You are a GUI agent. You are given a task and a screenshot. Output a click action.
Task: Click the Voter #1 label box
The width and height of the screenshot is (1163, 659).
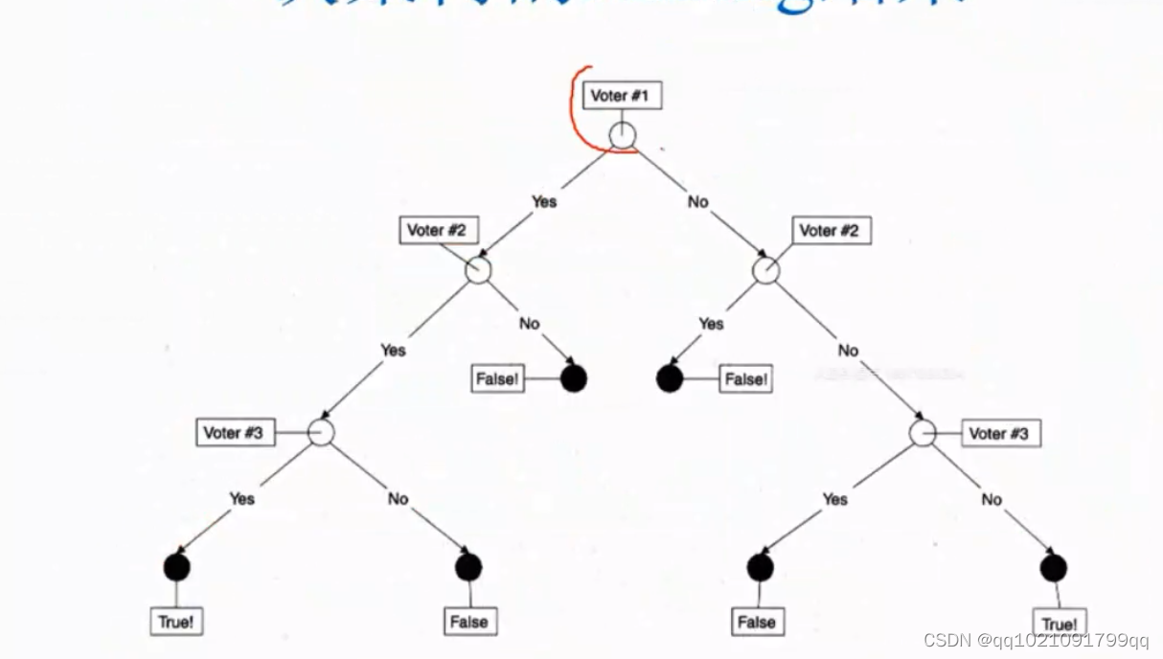[x=622, y=95]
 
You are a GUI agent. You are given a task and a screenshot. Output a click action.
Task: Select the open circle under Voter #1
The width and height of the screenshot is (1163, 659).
[x=623, y=136]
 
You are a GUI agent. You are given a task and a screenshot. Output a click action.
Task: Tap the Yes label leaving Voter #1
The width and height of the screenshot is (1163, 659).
[x=544, y=201]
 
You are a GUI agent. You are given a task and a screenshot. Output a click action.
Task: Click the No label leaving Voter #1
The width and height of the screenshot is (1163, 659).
[x=697, y=201]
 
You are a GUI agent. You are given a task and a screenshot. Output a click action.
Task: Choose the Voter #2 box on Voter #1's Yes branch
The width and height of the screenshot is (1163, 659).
[x=438, y=230]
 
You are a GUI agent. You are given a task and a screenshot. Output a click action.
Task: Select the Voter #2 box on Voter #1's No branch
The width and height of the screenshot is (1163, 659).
[x=831, y=231]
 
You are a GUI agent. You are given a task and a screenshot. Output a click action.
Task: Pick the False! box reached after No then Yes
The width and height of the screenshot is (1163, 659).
[x=745, y=379]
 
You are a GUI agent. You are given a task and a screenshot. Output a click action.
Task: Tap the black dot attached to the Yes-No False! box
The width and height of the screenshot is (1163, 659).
[x=573, y=378]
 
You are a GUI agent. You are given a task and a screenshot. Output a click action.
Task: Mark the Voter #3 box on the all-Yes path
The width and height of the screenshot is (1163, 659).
[x=233, y=432]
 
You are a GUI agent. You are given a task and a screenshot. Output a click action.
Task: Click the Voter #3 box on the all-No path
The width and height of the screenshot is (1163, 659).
[x=998, y=433]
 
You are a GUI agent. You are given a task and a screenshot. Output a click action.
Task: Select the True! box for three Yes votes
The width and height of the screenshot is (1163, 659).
[x=176, y=622]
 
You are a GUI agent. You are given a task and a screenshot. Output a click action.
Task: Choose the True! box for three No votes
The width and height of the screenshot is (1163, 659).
[x=1059, y=625]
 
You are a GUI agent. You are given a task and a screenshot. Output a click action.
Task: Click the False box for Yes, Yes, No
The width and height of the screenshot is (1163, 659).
[x=468, y=622]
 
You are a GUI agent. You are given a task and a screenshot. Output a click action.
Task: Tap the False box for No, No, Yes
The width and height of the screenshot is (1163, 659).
[x=756, y=622]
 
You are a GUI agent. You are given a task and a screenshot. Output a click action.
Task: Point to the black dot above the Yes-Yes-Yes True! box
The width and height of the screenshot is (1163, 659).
[x=176, y=567]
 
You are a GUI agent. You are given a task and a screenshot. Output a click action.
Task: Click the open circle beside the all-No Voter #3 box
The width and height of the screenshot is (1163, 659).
[x=922, y=433]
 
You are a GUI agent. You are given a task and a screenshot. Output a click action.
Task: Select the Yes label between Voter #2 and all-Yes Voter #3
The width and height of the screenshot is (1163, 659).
[x=393, y=350]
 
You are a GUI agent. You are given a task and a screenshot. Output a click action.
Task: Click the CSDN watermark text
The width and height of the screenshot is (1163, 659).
[x=1036, y=641]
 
